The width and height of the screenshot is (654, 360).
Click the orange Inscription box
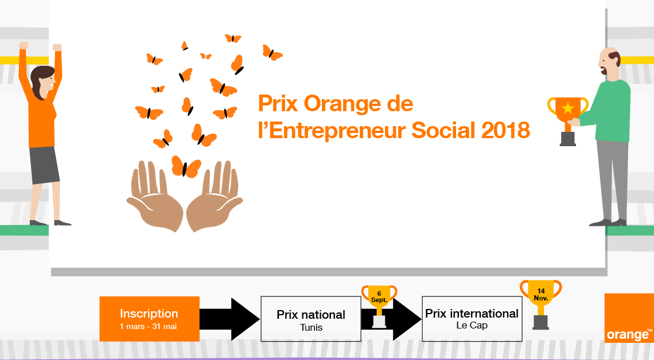tap(149, 319)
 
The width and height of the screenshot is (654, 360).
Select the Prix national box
tap(311, 319)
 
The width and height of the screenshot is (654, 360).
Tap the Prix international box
tap(472, 319)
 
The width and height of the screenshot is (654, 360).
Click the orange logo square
tap(629, 318)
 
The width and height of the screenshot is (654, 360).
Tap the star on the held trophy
tap(568, 108)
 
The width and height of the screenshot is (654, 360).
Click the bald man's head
tap(609, 62)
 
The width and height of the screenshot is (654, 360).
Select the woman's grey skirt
tap(44, 165)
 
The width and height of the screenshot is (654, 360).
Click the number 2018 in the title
tap(505, 131)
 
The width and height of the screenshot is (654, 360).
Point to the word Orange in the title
tap(342, 104)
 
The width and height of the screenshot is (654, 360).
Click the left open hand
tap(155, 196)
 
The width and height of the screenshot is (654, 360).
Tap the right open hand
tap(215, 196)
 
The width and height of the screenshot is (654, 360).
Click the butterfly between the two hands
tap(186, 167)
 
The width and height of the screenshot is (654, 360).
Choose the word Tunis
tap(311, 327)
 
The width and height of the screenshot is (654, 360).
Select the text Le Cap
tap(472, 326)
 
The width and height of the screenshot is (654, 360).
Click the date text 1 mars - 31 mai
tap(149, 327)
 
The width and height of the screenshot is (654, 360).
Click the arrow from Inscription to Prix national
tap(230, 319)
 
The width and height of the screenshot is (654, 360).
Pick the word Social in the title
tap(443, 131)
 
